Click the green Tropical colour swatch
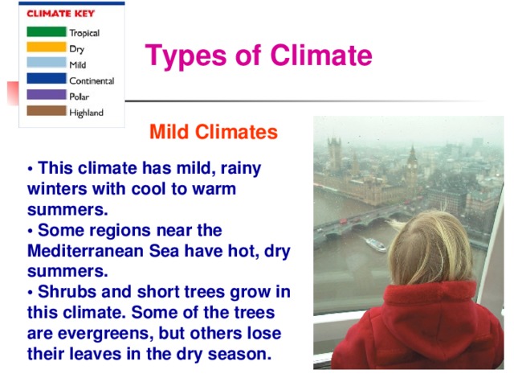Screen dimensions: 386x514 [46, 32]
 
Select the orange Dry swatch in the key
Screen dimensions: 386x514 [46, 47]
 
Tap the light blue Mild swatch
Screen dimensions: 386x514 [46, 63]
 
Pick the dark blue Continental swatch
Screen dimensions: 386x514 [46, 79]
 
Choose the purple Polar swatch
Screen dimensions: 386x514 [46, 95]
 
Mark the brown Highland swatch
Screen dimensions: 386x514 [46, 111]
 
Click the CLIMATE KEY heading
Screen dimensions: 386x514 [58, 14]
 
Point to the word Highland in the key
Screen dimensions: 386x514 [86, 113]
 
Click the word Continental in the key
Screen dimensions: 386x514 [91, 80]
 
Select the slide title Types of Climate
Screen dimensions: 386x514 [259, 56]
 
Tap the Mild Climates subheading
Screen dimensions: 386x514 [214, 132]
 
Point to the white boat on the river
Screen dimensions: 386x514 [375, 244]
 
